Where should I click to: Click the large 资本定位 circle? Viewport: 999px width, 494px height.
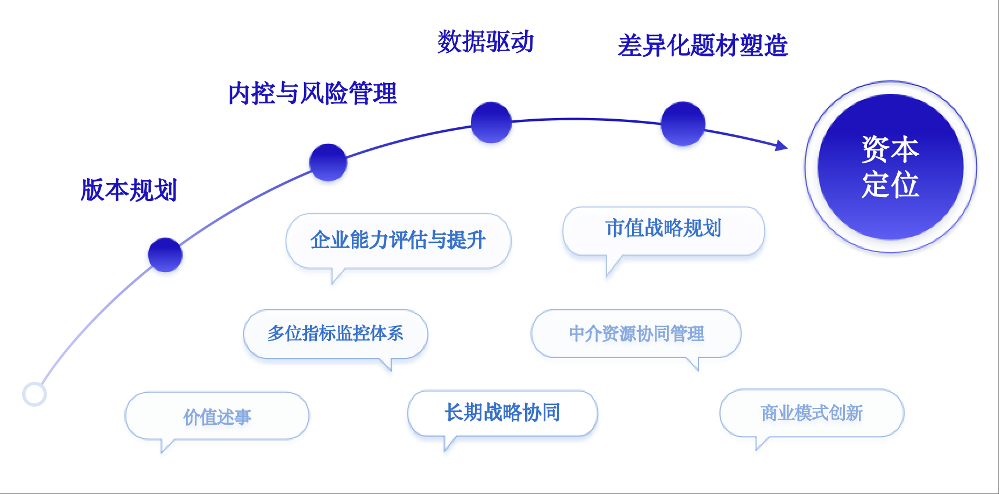[x=890, y=167]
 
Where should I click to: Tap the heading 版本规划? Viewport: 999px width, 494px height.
[x=129, y=190]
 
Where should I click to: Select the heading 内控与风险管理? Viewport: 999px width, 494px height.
[x=312, y=94]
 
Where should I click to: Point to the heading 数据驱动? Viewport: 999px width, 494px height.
[x=486, y=42]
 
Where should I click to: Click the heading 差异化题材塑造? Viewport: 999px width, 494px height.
[x=702, y=45]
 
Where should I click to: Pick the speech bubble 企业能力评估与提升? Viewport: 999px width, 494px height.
[x=398, y=240]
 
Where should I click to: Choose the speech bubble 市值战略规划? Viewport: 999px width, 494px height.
[x=663, y=229]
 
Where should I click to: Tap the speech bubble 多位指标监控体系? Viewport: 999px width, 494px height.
[x=336, y=334]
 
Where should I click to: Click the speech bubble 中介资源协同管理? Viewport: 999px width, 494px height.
[x=636, y=334]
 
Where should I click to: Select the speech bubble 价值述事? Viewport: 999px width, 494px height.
[x=217, y=416]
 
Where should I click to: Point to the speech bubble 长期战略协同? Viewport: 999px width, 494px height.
[x=502, y=413]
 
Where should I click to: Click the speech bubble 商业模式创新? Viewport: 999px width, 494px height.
[x=812, y=413]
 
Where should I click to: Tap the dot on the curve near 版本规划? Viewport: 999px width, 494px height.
[x=165, y=255]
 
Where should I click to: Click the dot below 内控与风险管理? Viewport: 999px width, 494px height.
[x=328, y=163]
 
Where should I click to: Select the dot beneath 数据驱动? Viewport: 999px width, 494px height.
[x=491, y=123]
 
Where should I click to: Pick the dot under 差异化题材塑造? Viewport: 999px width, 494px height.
[x=683, y=124]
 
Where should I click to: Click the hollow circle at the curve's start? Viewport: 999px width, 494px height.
[x=34, y=394]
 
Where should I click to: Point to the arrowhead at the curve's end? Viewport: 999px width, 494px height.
[x=782, y=145]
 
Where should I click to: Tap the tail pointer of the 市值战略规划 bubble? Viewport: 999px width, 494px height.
[x=611, y=266]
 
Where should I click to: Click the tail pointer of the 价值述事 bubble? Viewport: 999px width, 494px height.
[x=165, y=446]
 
